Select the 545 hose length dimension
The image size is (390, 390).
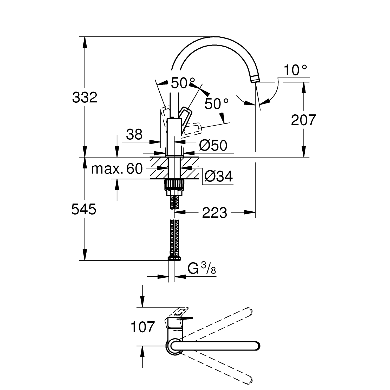click(x=84, y=209)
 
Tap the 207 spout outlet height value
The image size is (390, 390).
click(x=303, y=120)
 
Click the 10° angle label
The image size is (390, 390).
click(x=295, y=70)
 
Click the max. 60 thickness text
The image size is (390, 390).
click(x=117, y=169)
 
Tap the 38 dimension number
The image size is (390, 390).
click(x=134, y=135)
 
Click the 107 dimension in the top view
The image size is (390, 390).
click(x=142, y=327)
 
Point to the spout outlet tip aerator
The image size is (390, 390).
click(x=255, y=79)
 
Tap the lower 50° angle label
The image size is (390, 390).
click(x=217, y=104)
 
